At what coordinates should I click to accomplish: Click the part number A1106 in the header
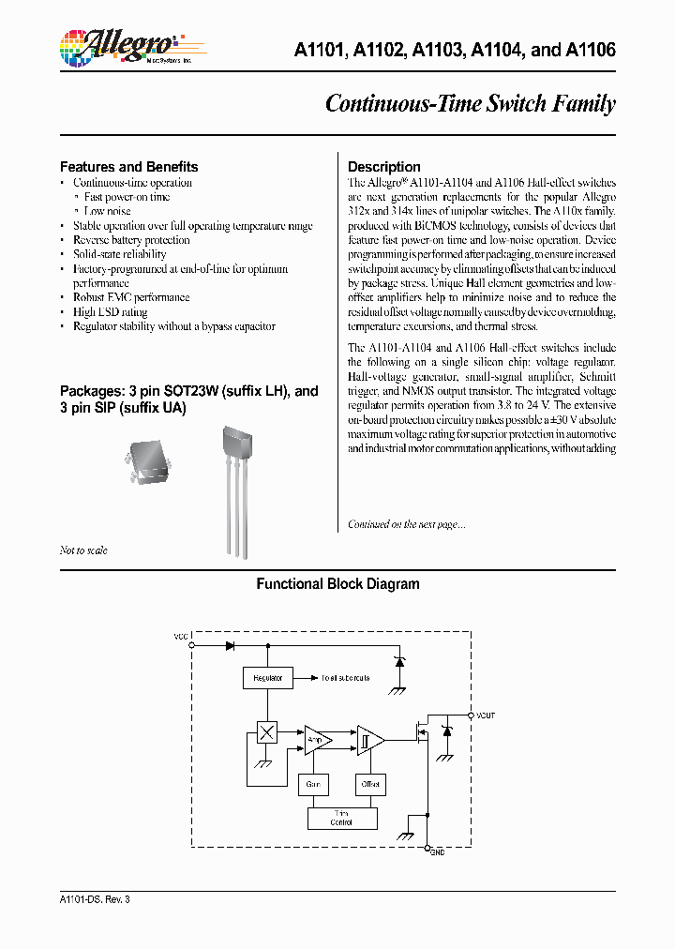point(591,51)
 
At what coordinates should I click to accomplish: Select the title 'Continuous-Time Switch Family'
point(470,103)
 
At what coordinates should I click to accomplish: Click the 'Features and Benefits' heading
point(128,167)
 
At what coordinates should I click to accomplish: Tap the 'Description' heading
point(383,167)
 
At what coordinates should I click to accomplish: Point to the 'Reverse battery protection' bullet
point(131,240)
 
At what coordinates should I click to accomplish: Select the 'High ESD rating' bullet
point(110,312)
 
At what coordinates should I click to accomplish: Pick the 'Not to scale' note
point(83,550)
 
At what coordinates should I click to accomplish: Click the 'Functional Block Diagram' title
point(337,584)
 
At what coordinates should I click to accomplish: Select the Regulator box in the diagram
point(267,677)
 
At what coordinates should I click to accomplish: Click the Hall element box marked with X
point(267,733)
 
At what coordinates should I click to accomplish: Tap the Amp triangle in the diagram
point(317,740)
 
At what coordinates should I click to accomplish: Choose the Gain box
point(313,783)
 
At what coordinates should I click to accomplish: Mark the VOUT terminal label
point(485,716)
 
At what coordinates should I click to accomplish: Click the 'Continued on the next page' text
point(406,525)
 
